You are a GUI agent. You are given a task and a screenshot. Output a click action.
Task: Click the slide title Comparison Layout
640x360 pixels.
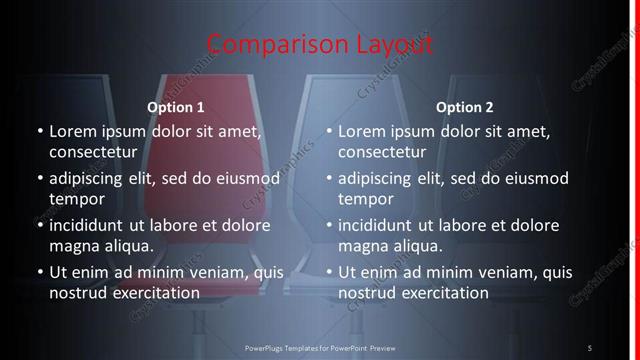click(320, 45)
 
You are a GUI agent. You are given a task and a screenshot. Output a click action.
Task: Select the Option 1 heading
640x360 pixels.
click(175, 106)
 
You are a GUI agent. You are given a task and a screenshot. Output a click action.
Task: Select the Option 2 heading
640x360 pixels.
click(465, 106)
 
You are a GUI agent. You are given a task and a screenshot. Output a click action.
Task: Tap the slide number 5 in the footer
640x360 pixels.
click(589, 348)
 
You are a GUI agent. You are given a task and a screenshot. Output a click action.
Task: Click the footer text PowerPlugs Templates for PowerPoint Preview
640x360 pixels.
click(320, 348)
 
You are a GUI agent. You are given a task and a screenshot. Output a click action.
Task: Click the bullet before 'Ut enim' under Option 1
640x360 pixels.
click(39, 272)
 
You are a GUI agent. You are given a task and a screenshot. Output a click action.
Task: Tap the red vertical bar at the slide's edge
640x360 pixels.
click(635, 180)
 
